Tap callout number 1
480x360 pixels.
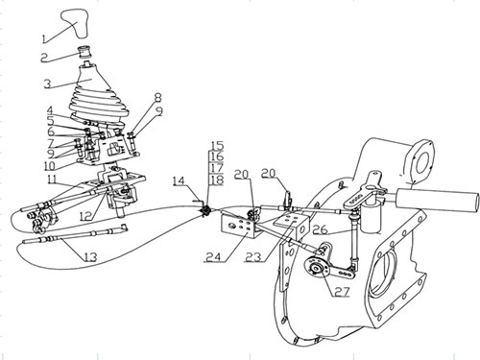pos(45,38)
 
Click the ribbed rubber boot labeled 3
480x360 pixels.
pos(98,93)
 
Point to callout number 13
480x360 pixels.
pos(90,256)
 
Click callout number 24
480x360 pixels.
pos(213,256)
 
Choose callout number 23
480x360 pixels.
pos(253,256)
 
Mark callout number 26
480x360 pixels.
pos(320,229)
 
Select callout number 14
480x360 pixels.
pos(180,181)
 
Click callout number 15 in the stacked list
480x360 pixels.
pos(216,146)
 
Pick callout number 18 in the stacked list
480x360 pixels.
pos(217,180)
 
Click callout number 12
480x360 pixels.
pos(86,217)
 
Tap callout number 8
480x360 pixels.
pos(157,98)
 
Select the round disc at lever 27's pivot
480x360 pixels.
pos(315,267)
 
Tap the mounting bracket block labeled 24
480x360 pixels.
pos(238,226)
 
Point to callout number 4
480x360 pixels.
pos(50,111)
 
